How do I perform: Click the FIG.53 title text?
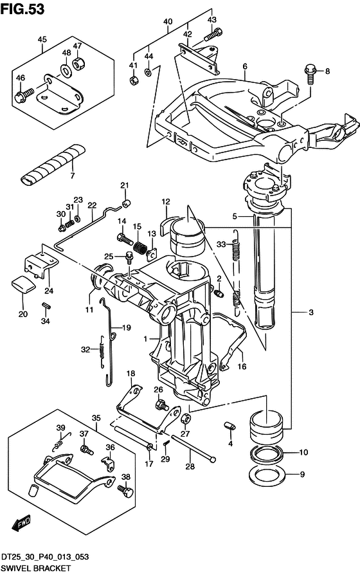pos(22,9)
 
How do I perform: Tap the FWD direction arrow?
pos(22,524)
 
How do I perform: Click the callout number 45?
pos(42,39)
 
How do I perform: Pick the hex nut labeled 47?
pos(78,64)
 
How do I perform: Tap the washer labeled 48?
pos(66,69)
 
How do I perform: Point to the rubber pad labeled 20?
pos(22,285)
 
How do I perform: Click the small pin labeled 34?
pos(46,305)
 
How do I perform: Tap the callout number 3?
pos(311,313)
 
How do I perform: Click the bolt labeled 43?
pos(213,35)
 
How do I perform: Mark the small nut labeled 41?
pos(134,80)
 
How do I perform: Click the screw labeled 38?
pos(125,491)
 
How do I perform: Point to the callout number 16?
pos(242,367)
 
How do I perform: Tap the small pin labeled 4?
pos(229,426)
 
